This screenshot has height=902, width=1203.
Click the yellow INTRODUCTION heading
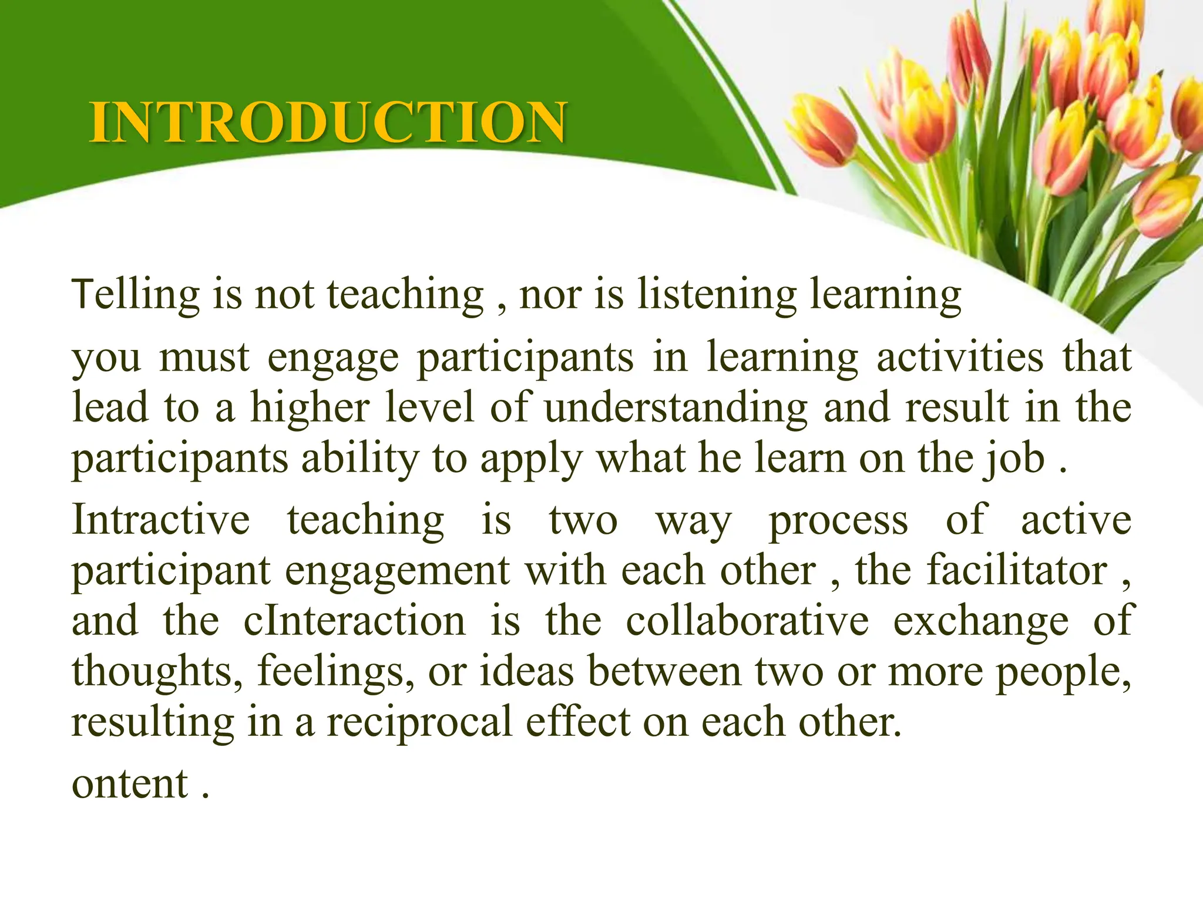click(x=328, y=122)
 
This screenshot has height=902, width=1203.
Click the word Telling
click(x=136, y=295)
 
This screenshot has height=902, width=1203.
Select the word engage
click(x=333, y=358)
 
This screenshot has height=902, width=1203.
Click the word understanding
click(x=676, y=408)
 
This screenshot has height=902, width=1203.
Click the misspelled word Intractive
click(x=161, y=520)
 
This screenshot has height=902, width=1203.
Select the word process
click(x=839, y=521)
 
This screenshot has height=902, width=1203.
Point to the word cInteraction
click(x=355, y=621)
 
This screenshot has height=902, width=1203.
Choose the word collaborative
click(x=747, y=621)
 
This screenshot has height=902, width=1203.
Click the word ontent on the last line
click(x=130, y=785)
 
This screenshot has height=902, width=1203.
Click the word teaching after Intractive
click(x=365, y=521)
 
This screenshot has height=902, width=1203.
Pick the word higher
click(x=310, y=408)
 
